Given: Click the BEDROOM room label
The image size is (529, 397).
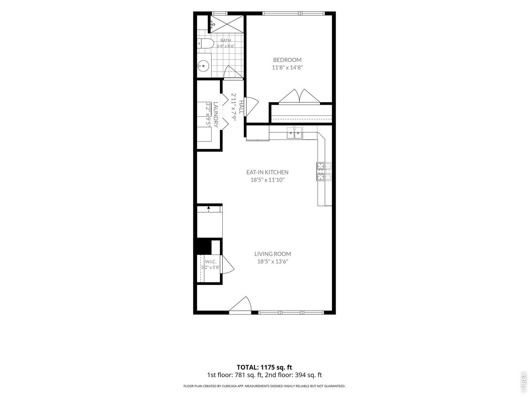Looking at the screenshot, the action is pos(287,60).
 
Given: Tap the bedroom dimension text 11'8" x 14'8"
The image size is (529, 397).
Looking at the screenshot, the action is pos(287,67).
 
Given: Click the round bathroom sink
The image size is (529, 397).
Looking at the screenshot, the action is pos(203,66).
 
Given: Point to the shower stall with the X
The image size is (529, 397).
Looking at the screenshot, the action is pos(227,24).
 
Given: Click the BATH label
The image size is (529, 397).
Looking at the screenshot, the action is pos(226,40).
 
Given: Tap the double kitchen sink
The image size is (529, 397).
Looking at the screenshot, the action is pos(294,133).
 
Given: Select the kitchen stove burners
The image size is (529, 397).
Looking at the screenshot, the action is pos(324,171).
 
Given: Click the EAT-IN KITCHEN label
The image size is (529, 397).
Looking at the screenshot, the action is pos(267,172).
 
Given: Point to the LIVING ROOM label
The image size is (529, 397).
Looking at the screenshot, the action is pos(273,254).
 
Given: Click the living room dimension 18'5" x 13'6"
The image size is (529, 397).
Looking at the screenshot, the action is pos(273,261).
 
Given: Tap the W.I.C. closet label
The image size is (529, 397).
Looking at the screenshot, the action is pos(210,261).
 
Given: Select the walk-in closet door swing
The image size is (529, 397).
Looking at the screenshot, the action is pos(227,264).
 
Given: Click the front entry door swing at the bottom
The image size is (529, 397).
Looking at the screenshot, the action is pos(240,304).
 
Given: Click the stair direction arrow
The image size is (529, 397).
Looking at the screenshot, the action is pos(208,209).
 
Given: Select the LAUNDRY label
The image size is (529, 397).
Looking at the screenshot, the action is pos(216,115).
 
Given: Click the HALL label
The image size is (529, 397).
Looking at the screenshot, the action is pos(241,107).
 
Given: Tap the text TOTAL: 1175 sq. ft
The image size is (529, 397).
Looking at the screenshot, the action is pos(264,367).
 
